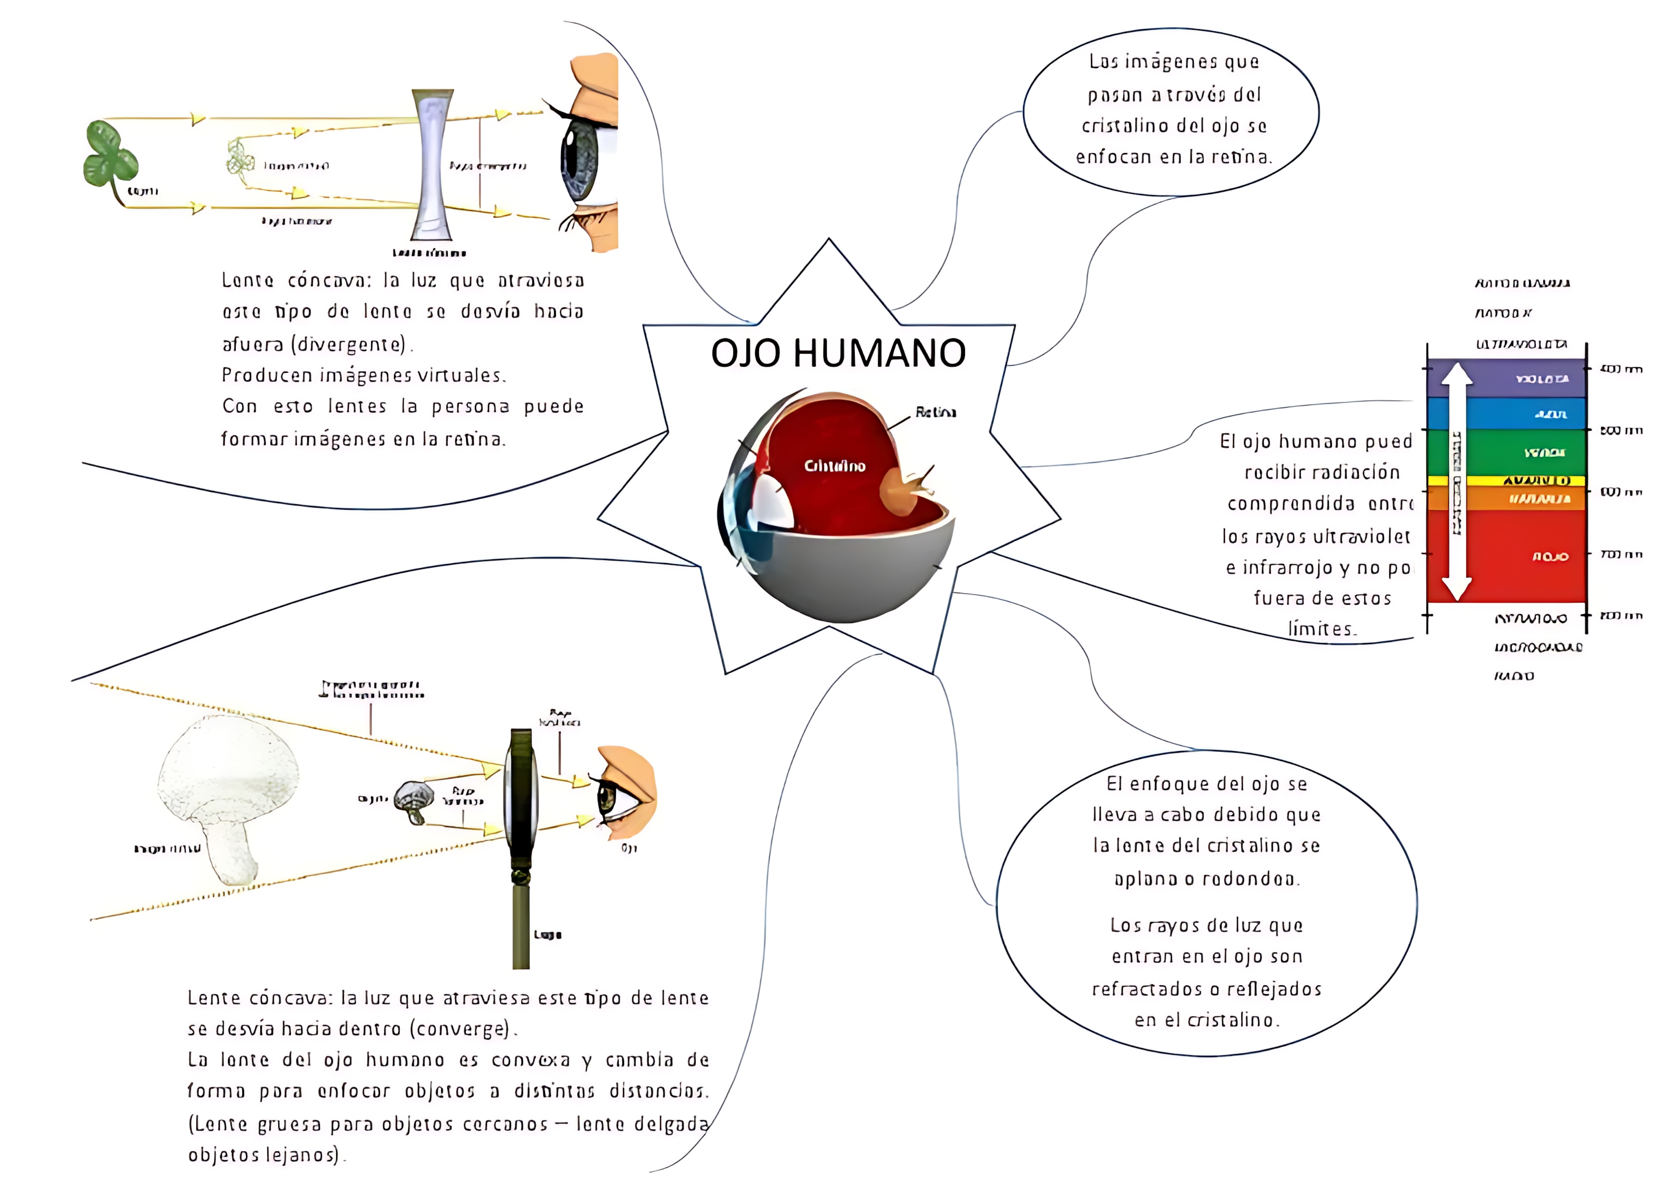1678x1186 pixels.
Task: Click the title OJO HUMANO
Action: click(838, 353)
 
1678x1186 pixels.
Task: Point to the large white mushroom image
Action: click(227, 797)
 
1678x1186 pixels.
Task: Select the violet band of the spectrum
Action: click(1506, 379)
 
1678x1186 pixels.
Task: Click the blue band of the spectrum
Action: click(1506, 414)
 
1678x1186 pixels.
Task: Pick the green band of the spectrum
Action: click(1506, 452)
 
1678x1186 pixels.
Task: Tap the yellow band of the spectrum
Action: click(1506, 480)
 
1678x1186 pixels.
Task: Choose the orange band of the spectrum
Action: click(1506, 498)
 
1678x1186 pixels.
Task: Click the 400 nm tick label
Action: click(1621, 369)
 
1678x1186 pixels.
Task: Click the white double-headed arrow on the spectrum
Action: click(1457, 482)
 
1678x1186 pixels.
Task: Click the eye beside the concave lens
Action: click(581, 157)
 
